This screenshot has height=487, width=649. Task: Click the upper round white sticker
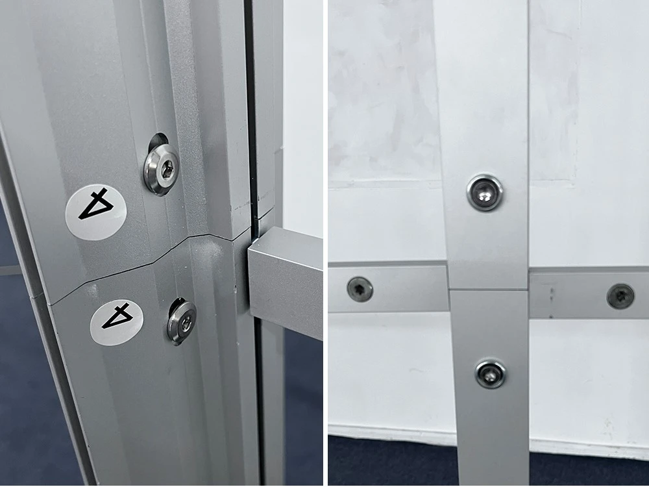coord(95,212)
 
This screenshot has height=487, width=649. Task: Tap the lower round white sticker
coord(117,322)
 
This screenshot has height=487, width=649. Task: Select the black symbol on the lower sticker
coord(117,316)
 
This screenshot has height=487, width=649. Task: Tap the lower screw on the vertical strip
coord(491,375)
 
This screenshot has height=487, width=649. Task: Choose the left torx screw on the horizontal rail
coord(360,289)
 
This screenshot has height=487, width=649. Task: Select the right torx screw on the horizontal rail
coord(620,296)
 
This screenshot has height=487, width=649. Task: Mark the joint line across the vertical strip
coord(489,290)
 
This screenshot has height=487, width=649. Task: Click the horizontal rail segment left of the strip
coord(388,288)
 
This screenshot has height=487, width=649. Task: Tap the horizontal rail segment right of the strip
coord(589,293)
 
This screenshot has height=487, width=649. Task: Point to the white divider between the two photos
coord(326,243)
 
